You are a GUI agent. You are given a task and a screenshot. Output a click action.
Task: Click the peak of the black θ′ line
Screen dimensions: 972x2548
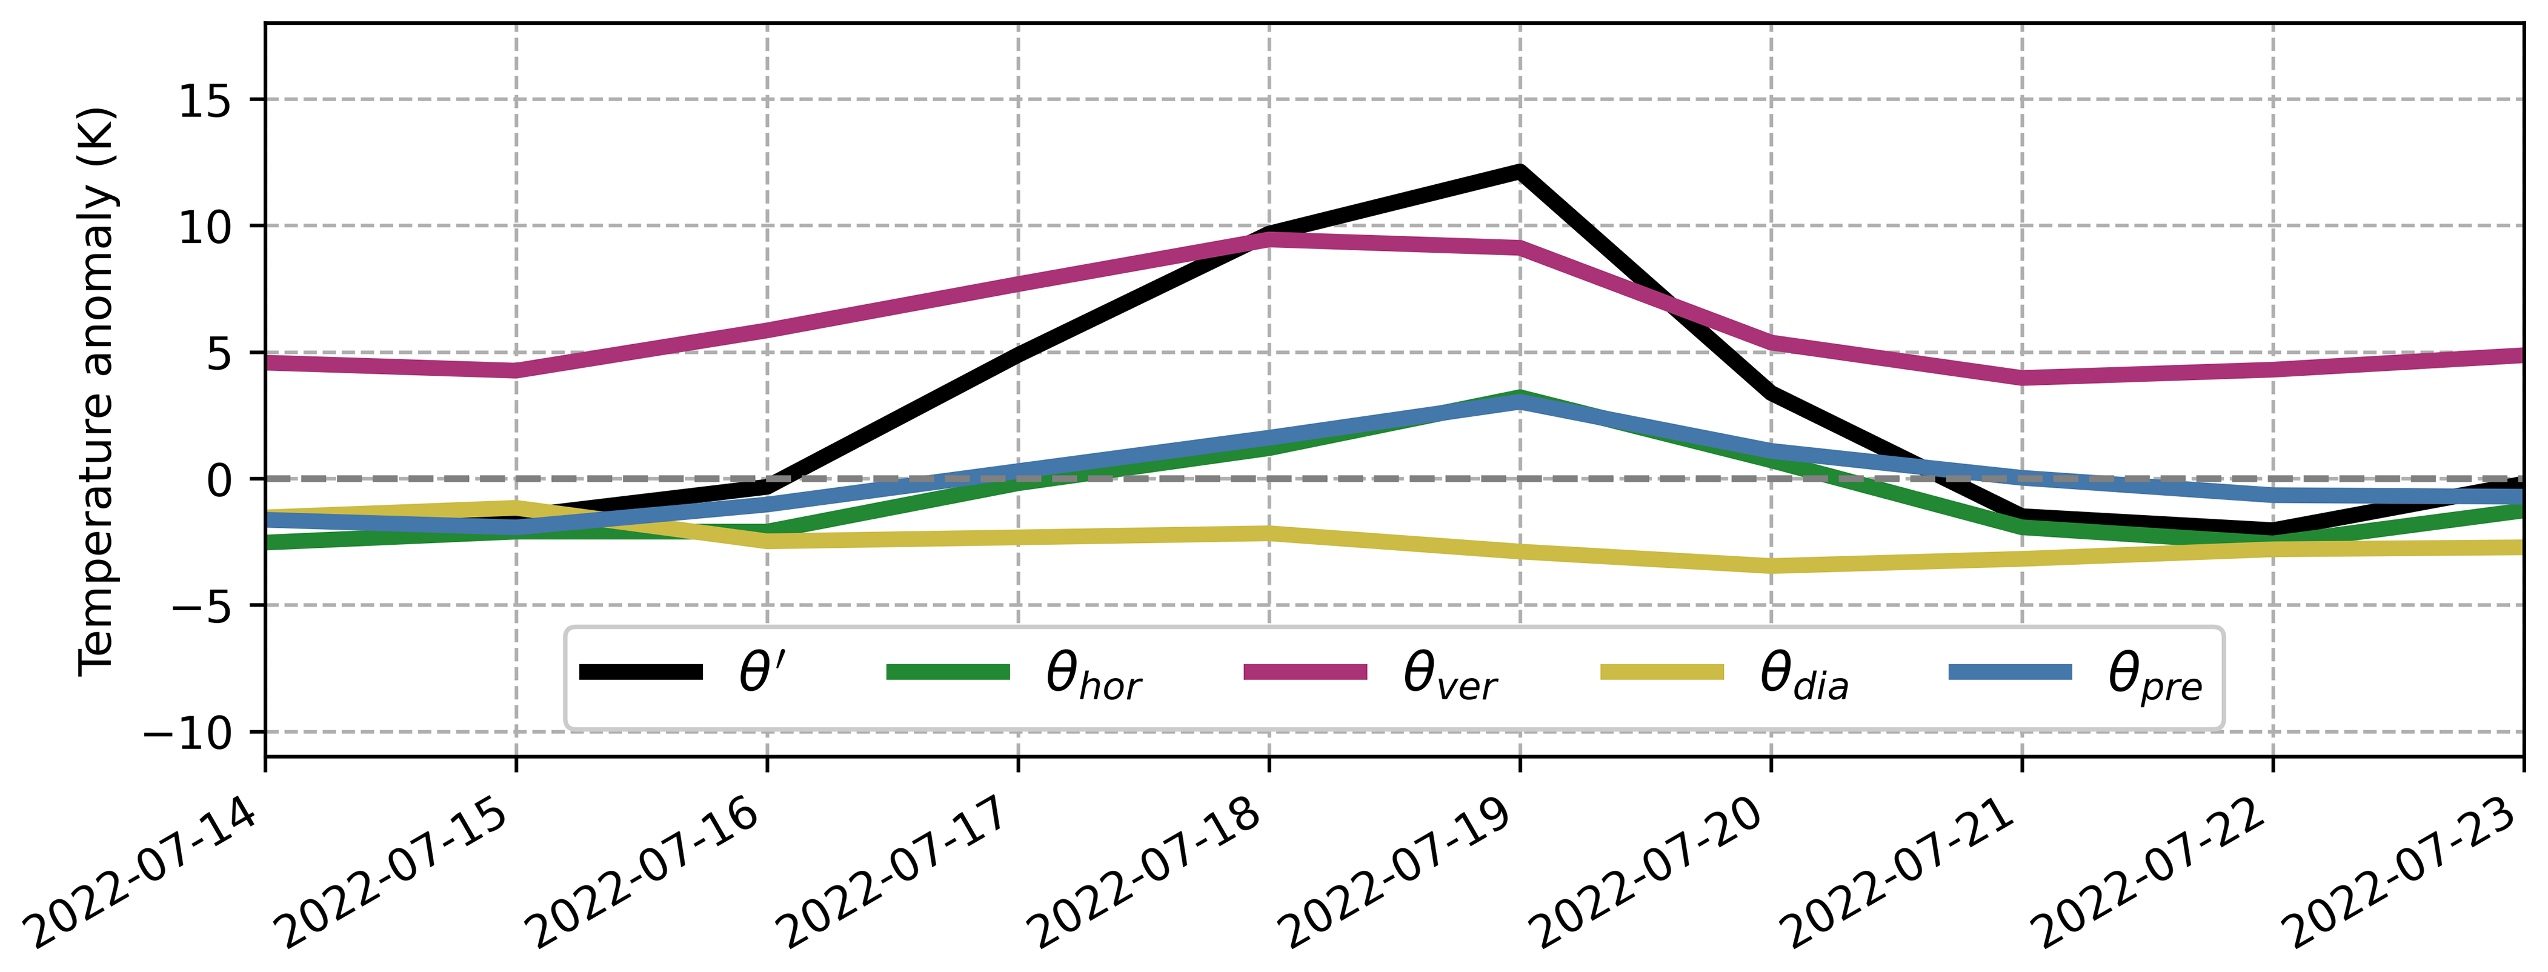click(x=1519, y=171)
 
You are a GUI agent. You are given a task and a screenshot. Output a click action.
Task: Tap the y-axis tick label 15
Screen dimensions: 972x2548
click(x=205, y=101)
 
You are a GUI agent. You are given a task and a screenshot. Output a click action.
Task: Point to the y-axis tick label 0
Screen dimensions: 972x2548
click(x=219, y=481)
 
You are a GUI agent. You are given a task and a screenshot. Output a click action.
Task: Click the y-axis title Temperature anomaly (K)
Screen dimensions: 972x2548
click(x=97, y=391)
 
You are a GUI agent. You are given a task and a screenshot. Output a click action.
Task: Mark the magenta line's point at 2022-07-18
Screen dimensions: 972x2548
click(x=1269, y=238)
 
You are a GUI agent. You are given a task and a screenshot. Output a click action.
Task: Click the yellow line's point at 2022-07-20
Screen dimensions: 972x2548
click(x=1771, y=565)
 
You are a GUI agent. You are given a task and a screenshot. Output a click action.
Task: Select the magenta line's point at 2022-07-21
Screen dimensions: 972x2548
click(x=2022, y=378)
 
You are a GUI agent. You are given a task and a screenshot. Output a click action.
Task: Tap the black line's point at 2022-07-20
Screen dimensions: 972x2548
click(x=1771, y=391)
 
